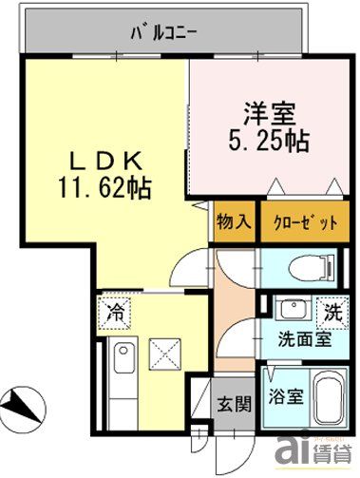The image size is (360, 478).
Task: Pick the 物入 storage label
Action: pyautogui.click(x=233, y=223)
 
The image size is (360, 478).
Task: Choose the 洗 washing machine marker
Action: pyautogui.click(x=332, y=310)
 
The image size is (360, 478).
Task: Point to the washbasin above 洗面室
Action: pyautogui.click(x=289, y=309)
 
